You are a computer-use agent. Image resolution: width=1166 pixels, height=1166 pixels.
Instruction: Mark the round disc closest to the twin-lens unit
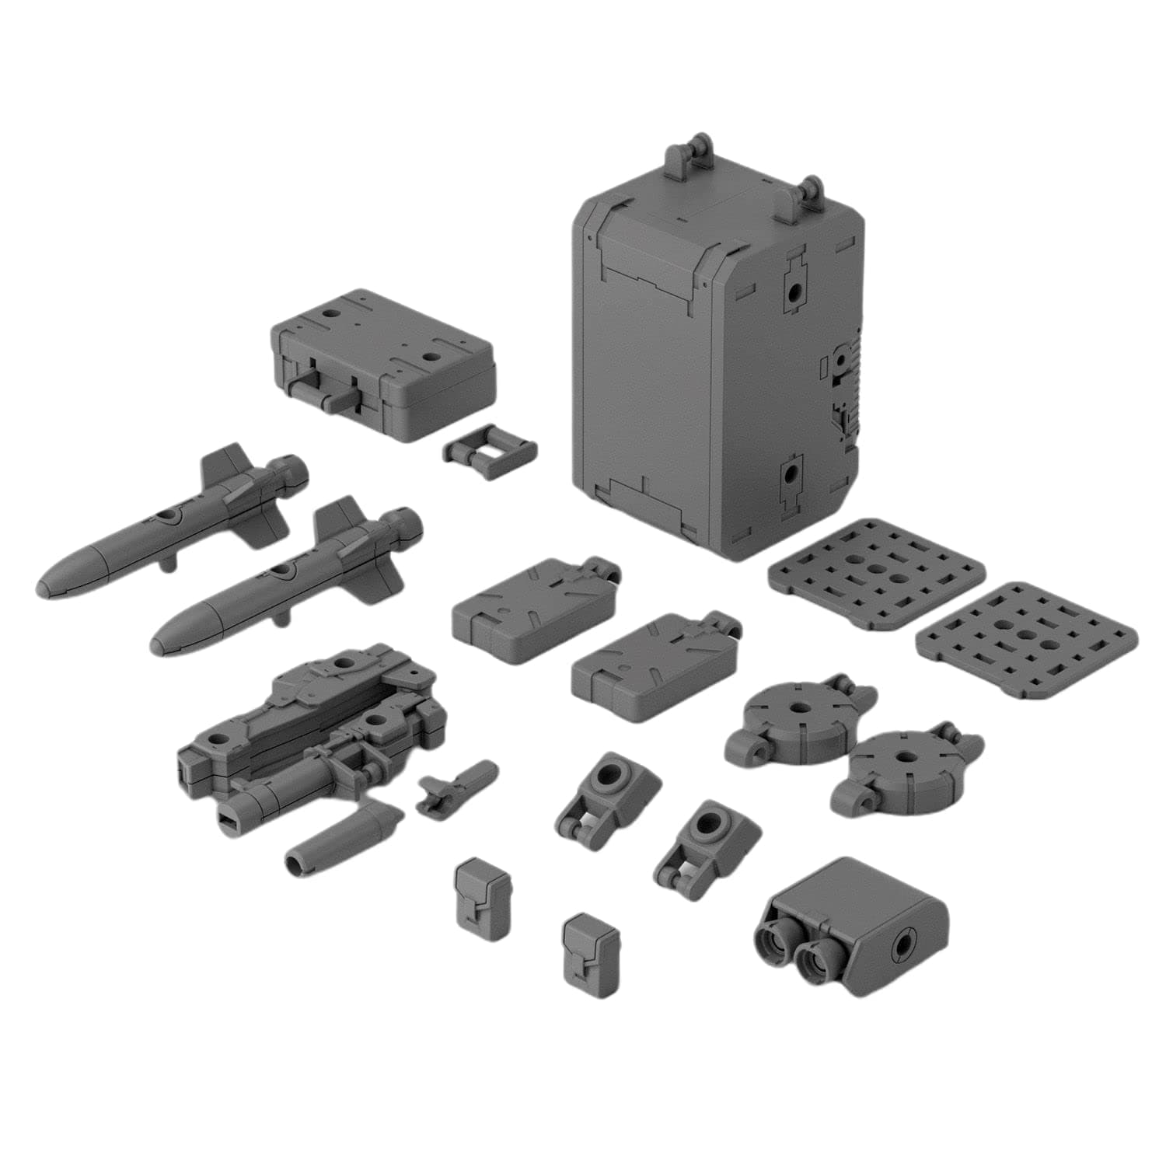click(902, 770)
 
